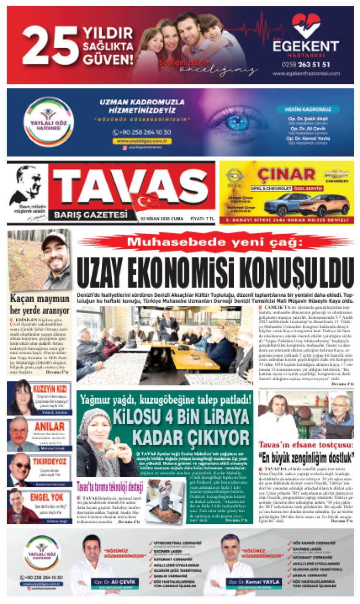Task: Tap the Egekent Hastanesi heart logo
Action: coord(306,26)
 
